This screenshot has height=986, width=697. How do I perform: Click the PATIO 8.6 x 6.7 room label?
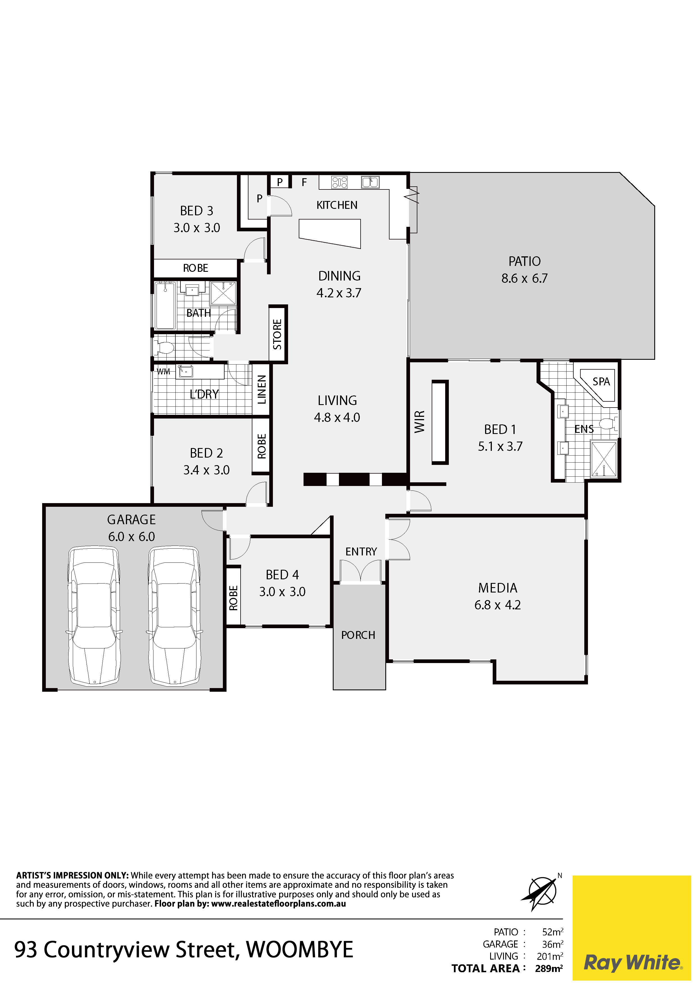point(524,270)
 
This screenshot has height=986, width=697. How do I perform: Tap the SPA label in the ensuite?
point(601,381)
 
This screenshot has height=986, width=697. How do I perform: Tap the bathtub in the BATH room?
point(165,305)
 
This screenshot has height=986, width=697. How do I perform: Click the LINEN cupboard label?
point(262,390)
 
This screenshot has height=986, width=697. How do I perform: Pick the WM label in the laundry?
point(163,372)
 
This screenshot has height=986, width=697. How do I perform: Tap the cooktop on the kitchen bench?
point(339,182)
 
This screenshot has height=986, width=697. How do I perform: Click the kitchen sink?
point(370,182)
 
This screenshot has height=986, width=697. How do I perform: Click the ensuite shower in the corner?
point(604,459)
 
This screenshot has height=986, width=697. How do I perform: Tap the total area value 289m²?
point(549,968)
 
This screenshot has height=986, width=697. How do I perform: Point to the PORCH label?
point(358,635)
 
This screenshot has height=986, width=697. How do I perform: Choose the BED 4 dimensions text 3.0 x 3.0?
point(282,591)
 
